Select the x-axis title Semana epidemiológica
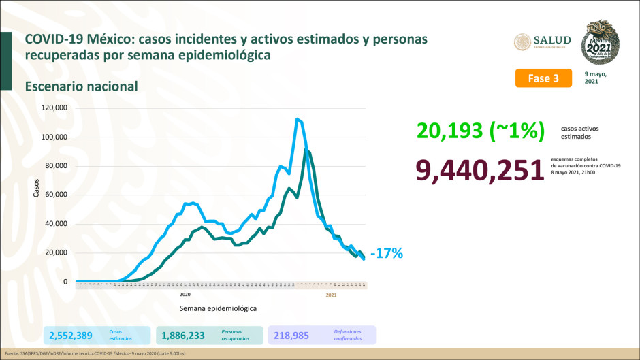coord(218,308)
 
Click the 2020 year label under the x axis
coord(185,295)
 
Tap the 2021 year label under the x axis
coord(332,295)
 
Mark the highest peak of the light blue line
coord(297,119)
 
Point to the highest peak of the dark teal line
coord(306,149)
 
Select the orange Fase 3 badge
coord(543,78)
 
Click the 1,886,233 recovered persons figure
coord(183,335)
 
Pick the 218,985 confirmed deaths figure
coord(296,335)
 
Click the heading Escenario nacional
coord(82,86)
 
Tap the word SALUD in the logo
coord(554,39)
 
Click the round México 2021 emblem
coord(602,42)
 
